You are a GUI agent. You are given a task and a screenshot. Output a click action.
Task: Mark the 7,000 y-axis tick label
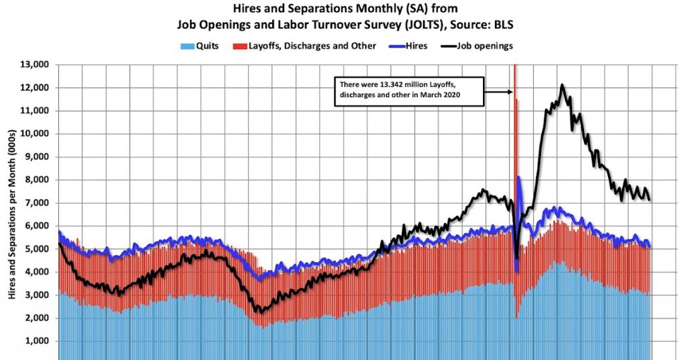[x=41, y=203]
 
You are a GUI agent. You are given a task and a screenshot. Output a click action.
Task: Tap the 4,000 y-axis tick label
[x=41, y=272]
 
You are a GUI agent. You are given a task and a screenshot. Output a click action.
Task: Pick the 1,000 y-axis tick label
[x=41, y=341]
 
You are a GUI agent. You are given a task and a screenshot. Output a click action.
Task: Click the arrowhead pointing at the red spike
[x=510, y=92]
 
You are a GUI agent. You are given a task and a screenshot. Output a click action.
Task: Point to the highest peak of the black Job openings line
[x=562, y=85]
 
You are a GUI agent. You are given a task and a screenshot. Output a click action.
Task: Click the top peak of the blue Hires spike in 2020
[x=518, y=177]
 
